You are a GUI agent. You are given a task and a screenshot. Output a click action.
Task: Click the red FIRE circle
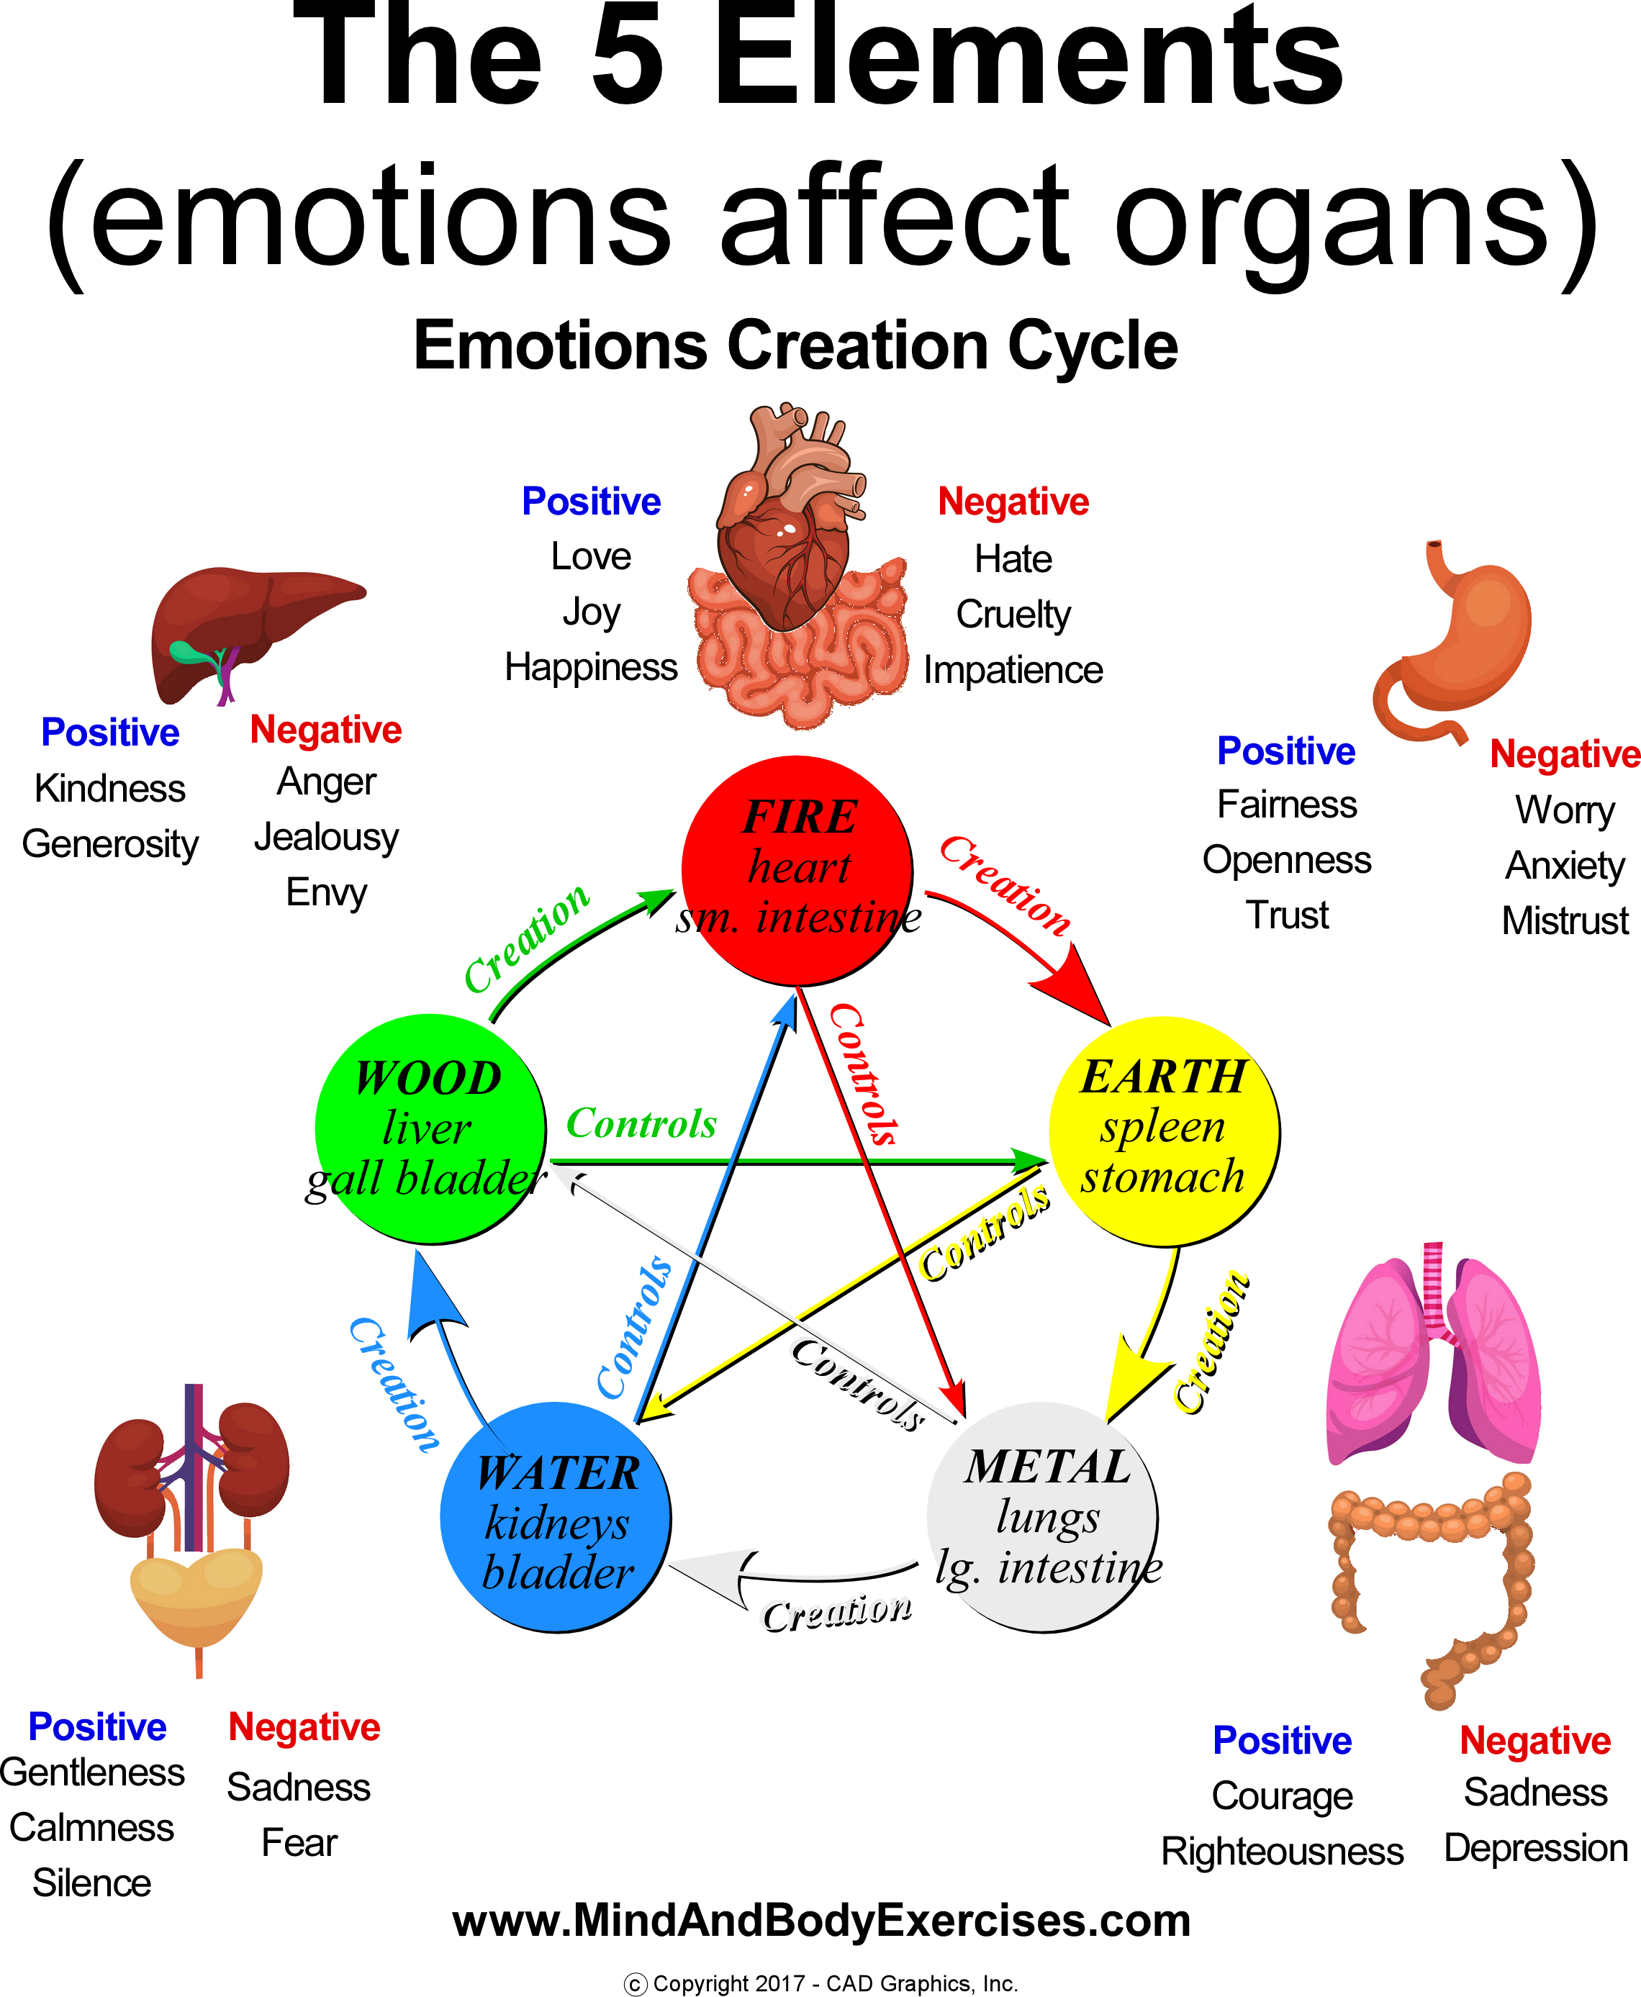click(797, 869)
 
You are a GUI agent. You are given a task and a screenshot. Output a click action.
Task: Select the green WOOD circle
click(430, 1128)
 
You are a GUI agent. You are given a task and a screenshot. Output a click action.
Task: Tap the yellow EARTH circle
click(1164, 1131)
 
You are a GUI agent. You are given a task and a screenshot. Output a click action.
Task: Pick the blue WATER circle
click(556, 1518)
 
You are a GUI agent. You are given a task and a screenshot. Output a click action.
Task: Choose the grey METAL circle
click(1043, 1517)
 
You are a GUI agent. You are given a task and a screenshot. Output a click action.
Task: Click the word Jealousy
click(326, 838)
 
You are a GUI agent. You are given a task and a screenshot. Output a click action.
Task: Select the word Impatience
click(1013, 670)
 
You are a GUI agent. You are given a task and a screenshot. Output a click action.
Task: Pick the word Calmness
click(91, 1828)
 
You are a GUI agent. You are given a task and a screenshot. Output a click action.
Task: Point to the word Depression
click(1536, 1847)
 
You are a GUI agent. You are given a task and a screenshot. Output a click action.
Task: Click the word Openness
click(1286, 860)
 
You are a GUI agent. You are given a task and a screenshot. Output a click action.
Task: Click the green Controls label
click(641, 1124)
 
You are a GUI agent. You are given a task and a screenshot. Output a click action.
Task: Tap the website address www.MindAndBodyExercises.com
click(820, 1921)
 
